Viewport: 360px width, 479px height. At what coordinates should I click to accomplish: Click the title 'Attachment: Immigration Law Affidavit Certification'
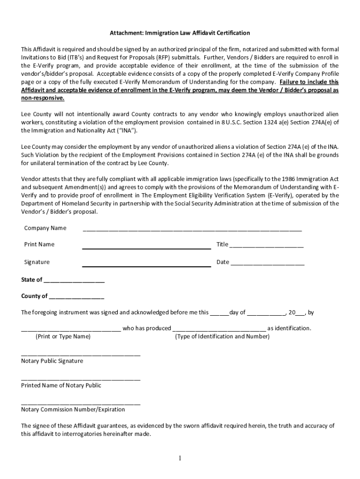click(x=180, y=33)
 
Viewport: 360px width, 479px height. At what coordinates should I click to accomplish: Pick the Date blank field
click(x=267, y=264)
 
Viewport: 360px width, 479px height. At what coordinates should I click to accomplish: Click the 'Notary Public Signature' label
click(x=52, y=361)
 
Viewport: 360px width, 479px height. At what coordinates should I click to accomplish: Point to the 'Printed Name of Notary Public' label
click(x=61, y=385)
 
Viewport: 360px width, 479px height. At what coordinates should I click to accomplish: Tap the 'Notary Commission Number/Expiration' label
click(x=73, y=410)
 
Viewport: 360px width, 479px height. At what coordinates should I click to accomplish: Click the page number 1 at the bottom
click(x=180, y=458)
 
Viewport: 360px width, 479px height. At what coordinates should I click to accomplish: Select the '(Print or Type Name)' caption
click(x=63, y=337)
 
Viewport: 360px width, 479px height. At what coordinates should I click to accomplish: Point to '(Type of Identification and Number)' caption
click(x=222, y=337)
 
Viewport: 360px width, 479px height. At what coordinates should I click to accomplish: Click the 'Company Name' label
click(x=45, y=228)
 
